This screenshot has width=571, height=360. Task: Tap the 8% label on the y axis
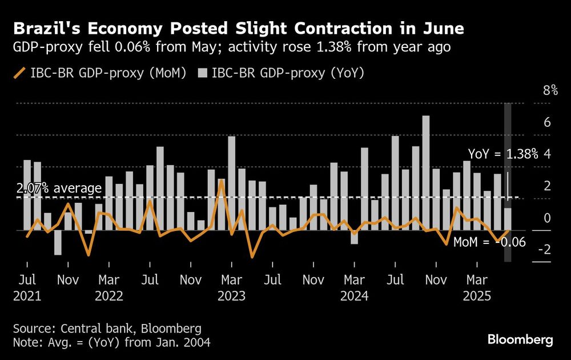pyautogui.click(x=550, y=90)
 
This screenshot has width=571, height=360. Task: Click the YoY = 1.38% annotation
pyautogui.click(x=503, y=154)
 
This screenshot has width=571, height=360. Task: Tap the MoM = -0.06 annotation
pyautogui.click(x=489, y=242)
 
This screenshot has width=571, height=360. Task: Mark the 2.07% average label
pyautogui.click(x=58, y=188)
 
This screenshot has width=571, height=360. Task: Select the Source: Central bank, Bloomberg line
pyautogui.click(x=108, y=328)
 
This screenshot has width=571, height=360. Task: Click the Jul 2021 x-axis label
pyautogui.click(x=27, y=288)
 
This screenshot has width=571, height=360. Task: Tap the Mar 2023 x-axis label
pyautogui.click(x=231, y=288)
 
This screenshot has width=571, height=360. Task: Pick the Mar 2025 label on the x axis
pyautogui.click(x=477, y=288)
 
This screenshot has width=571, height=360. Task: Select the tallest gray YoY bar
pyautogui.click(x=426, y=171)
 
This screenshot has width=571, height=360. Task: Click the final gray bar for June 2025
pyautogui.click(x=508, y=219)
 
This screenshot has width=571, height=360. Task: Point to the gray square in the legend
pyautogui.click(x=203, y=73)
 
